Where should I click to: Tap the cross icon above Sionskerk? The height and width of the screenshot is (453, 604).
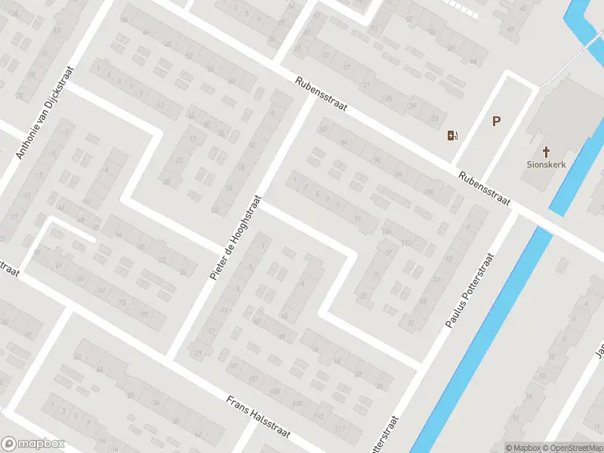pyautogui.click(x=545, y=152)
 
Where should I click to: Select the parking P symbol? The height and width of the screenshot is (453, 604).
pyautogui.click(x=496, y=121)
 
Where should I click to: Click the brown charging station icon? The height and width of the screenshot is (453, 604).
pyautogui.click(x=452, y=136)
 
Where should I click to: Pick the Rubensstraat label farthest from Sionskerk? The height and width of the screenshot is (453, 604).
pyautogui.click(x=321, y=94)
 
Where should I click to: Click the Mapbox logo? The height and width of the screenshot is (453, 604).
pyautogui.click(x=33, y=444)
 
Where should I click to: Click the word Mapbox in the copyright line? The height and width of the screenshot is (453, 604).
pyautogui.click(x=524, y=448)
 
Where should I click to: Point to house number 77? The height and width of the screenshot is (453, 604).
pyautogui.click(x=143, y=314)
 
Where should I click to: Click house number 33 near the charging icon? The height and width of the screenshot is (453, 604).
pyautogui.click(x=433, y=119)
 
